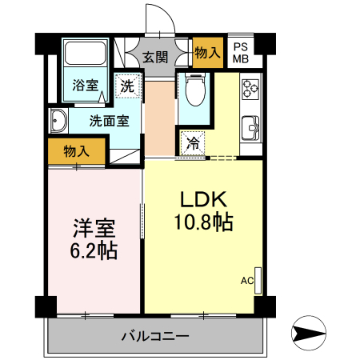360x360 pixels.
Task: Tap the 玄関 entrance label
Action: click(x=156, y=58)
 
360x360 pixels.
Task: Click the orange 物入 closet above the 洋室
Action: click(x=76, y=150)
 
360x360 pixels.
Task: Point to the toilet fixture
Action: click(x=193, y=91)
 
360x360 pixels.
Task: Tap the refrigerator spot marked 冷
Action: click(x=193, y=144)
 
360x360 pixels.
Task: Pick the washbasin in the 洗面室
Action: click(x=58, y=122)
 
